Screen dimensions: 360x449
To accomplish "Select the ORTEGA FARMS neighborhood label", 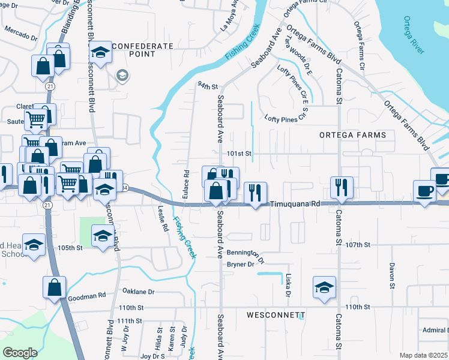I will coord(352,135).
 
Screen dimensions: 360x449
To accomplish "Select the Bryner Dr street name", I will coord(242,263).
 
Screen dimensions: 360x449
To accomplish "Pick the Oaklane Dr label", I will coord(139,292).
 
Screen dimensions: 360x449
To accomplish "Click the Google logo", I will coord(20,353).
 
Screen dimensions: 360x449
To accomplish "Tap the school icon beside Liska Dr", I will coord(324,287).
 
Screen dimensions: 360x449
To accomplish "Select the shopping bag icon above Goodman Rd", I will coord(54,287).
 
